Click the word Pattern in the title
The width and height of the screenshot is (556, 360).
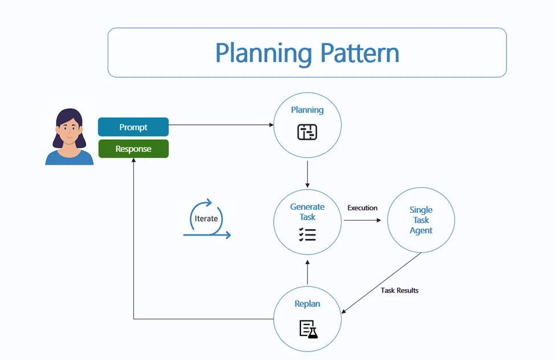[359, 53]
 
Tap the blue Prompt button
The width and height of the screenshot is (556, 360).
[133, 127]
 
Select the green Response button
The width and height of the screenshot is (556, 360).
[133, 149]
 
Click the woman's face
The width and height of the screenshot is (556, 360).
[69, 130]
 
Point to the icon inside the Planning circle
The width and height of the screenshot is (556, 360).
[307, 132]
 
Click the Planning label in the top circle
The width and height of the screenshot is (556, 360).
[307, 110]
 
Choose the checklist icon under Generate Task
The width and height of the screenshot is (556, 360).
[307, 234]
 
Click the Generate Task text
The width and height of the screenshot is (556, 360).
[307, 212]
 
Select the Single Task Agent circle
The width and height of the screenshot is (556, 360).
[421, 220]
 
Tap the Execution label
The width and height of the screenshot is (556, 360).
[363, 208]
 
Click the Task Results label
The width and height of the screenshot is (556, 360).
[400, 290]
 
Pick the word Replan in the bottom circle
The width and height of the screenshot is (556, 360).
[307, 304]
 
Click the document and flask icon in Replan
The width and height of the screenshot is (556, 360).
[308, 329]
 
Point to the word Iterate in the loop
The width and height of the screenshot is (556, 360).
[206, 219]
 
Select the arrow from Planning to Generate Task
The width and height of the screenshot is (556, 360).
[307, 174]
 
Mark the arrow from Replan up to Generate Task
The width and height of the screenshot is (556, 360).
[307, 272]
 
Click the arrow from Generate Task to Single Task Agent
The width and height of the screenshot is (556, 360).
[362, 220]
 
